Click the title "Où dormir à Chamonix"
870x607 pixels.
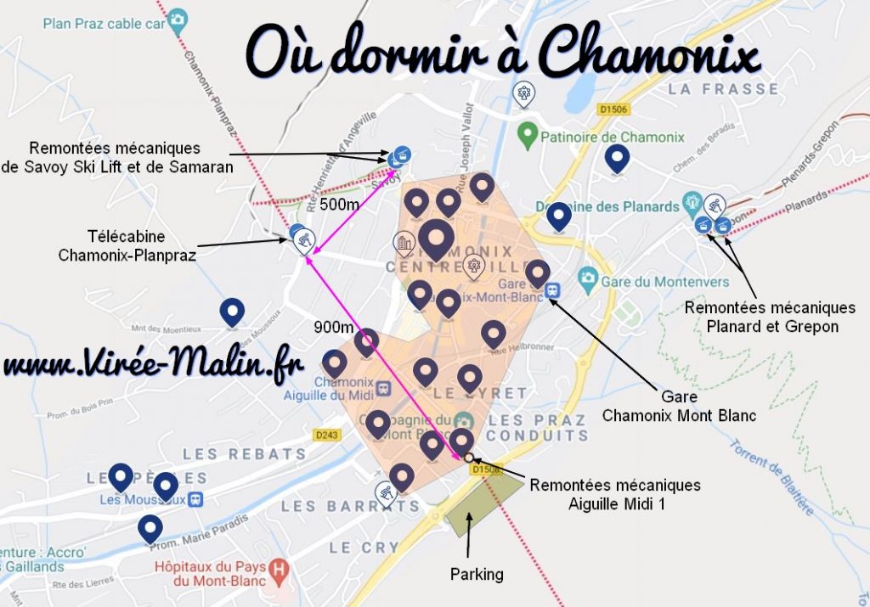(x=501, y=53)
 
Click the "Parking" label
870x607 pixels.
(x=476, y=575)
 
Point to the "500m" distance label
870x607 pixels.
(x=340, y=205)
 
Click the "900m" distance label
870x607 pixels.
(x=333, y=328)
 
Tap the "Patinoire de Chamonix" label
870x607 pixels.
(x=613, y=137)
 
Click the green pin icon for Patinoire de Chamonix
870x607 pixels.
(x=527, y=134)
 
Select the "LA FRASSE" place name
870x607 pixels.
(x=722, y=88)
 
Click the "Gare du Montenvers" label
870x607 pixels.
(x=665, y=281)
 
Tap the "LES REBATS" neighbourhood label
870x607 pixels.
(x=244, y=454)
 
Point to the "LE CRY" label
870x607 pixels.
(x=364, y=548)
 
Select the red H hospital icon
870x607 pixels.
(x=277, y=567)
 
